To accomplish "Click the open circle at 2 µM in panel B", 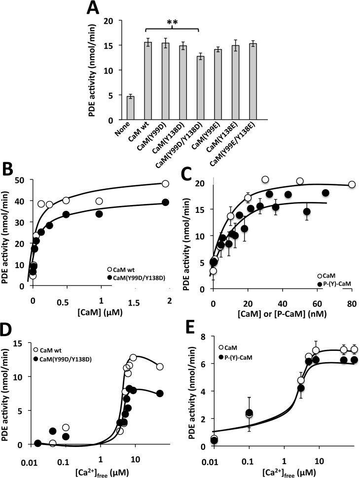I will [x=165, y=183].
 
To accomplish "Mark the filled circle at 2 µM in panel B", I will [x=166, y=202].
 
